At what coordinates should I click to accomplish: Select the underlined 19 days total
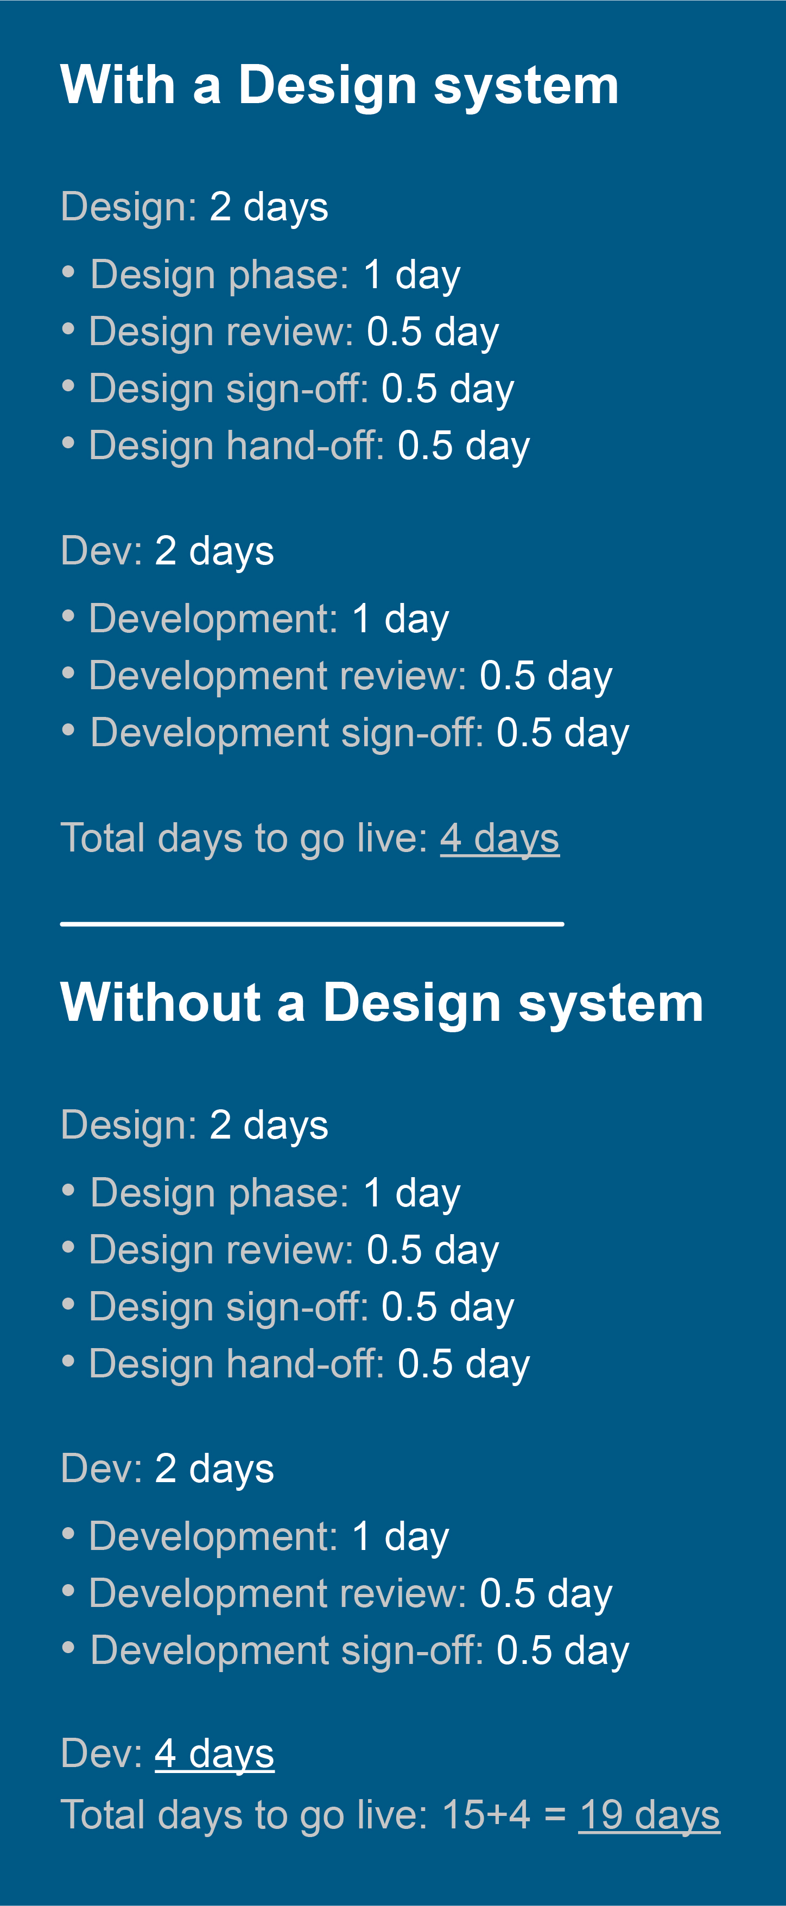[x=649, y=1815]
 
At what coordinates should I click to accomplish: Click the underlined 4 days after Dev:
[x=214, y=1753]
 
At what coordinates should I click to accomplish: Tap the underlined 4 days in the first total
[x=499, y=838]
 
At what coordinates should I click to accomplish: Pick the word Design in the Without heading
[x=412, y=1004]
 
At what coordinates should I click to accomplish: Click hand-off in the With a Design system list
[x=305, y=446]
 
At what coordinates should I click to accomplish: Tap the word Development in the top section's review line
[x=208, y=676]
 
